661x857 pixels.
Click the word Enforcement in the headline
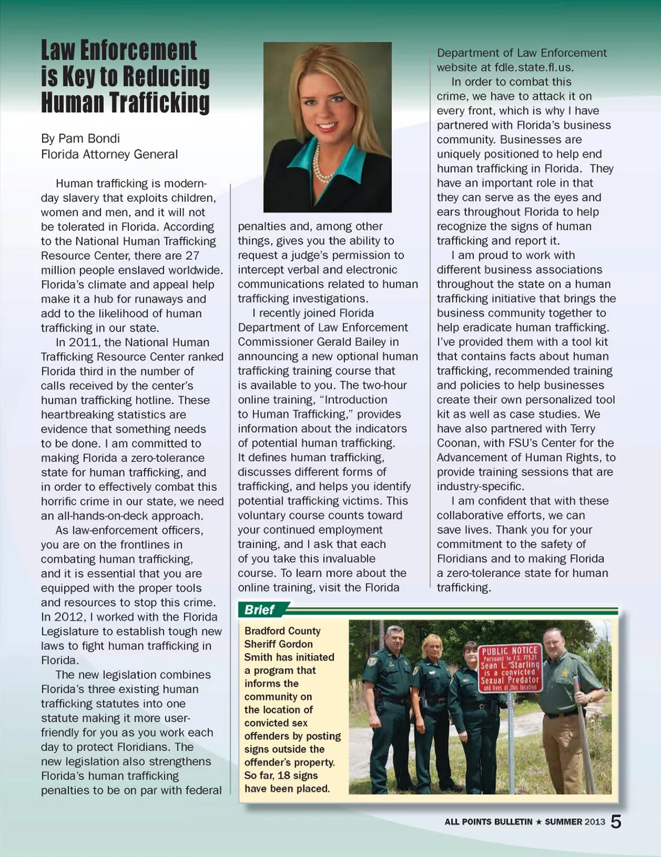[138, 51]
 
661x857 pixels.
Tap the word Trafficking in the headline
[166, 103]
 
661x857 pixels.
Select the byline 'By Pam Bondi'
[81, 138]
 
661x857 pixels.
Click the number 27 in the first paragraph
[192, 256]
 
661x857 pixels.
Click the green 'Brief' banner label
[260, 610]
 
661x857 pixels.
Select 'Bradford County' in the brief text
[282, 631]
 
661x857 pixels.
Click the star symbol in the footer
[538, 822]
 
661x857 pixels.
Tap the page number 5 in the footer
[616, 822]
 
